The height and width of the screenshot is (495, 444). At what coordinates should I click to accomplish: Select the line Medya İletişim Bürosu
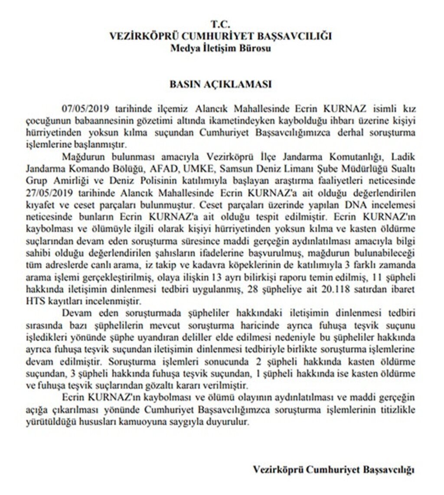coord(221,48)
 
